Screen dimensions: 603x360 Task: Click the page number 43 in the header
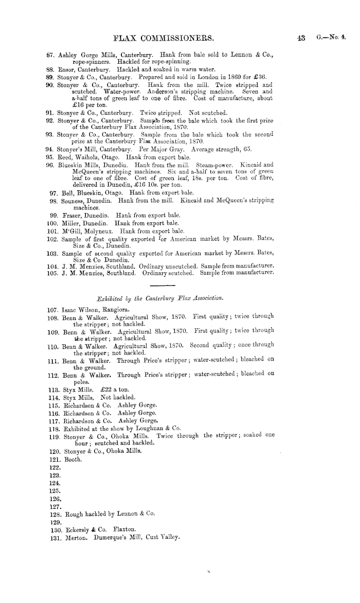point(302,37)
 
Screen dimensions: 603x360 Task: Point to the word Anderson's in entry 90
point(167,91)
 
